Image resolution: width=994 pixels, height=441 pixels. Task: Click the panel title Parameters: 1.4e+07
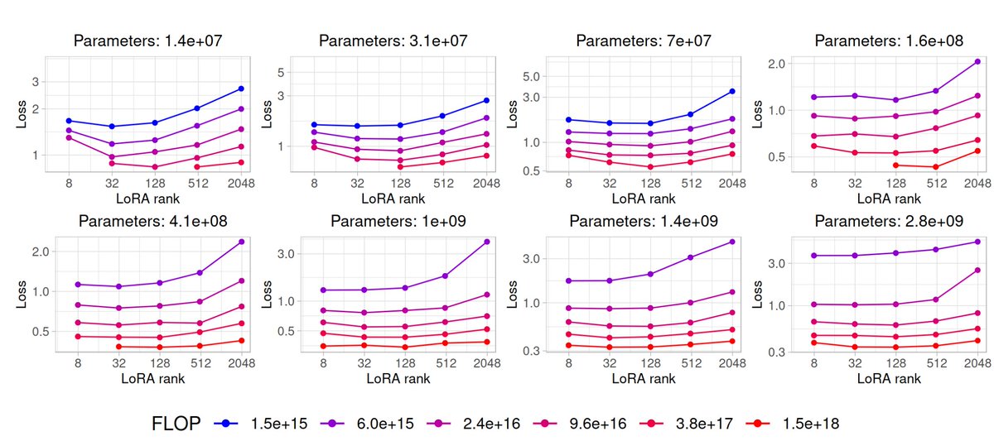click(x=148, y=40)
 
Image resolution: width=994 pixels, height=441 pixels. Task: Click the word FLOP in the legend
click(x=176, y=423)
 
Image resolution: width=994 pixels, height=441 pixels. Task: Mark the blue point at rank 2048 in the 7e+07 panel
click(x=731, y=91)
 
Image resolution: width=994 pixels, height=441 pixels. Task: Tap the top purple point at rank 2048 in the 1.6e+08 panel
click(x=977, y=61)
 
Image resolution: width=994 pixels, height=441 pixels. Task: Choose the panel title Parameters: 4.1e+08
click(x=152, y=221)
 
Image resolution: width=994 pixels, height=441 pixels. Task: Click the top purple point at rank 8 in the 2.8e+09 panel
click(x=813, y=256)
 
